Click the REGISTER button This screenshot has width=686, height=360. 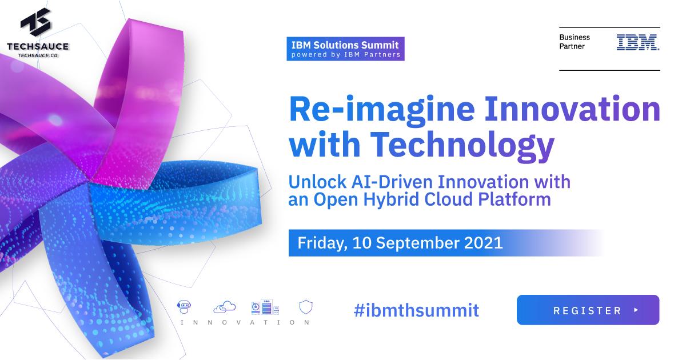(x=588, y=310)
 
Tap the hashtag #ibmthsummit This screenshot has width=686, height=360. (x=416, y=310)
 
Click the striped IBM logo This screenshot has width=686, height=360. (x=637, y=42)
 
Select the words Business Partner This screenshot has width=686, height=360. (x=575, y=42)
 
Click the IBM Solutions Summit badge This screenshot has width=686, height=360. (x=345, y=49)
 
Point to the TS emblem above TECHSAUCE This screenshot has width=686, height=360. (x=35, y=23)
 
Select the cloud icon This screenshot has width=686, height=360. (x=224, y=307)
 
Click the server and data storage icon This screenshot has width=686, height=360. (x=265, y=307)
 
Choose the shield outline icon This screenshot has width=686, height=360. (x=305, y=307)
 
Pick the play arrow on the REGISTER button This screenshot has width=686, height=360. (x=636, y=310)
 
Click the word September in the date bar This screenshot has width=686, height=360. (x=418, y=242)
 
